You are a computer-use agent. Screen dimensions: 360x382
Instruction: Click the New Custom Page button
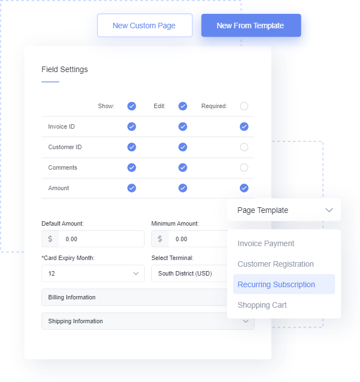coord(145,26)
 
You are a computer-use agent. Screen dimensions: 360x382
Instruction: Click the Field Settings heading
coord(64,69)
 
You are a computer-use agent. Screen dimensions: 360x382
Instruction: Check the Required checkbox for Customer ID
coord(244,147)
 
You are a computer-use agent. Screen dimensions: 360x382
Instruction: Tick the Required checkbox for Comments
coord(244,167)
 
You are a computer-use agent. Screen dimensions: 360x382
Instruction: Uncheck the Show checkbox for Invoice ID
coord(132,126)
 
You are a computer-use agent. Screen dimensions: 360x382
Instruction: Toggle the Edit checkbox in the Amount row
coord(183,188)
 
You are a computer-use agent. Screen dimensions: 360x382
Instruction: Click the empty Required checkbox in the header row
coord(244,106)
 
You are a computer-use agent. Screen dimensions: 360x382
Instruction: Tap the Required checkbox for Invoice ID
coord(244,126)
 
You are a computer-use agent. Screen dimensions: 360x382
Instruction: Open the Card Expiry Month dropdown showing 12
coord(92,273)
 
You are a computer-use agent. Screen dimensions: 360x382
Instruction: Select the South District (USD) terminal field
coord(189,273)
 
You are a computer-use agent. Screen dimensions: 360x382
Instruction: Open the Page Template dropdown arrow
coord(329,210)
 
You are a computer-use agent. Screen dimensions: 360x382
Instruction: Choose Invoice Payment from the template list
coord(266,243)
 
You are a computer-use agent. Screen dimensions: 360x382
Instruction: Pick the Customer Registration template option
coord(275,264)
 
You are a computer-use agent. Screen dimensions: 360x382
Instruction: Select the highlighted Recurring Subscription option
coord(284,284)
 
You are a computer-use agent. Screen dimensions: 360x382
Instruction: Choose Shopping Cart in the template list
coord(262,305)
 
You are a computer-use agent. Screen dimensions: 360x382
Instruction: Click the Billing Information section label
coord(72,297)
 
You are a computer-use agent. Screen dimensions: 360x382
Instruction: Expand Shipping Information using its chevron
coord(245,321)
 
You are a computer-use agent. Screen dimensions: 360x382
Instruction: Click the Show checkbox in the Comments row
coord(132,167)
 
